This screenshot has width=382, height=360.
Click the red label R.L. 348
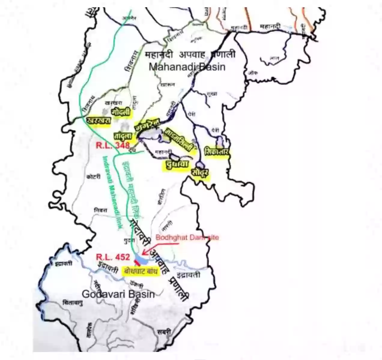(113, 145)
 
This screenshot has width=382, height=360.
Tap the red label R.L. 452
(113, 257)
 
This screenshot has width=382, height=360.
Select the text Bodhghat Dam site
(187, 238)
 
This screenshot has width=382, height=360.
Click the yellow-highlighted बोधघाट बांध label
(141, 272)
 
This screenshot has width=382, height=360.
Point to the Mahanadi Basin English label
(187, 67)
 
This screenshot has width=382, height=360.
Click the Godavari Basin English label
(118, 294)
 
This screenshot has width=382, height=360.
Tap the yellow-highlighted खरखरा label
(99, 120)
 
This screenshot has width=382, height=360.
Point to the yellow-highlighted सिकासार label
(216, 151)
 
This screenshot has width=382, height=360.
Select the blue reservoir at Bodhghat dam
(141, 260)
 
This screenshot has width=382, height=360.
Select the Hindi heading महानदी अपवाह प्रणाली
(190, 55)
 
